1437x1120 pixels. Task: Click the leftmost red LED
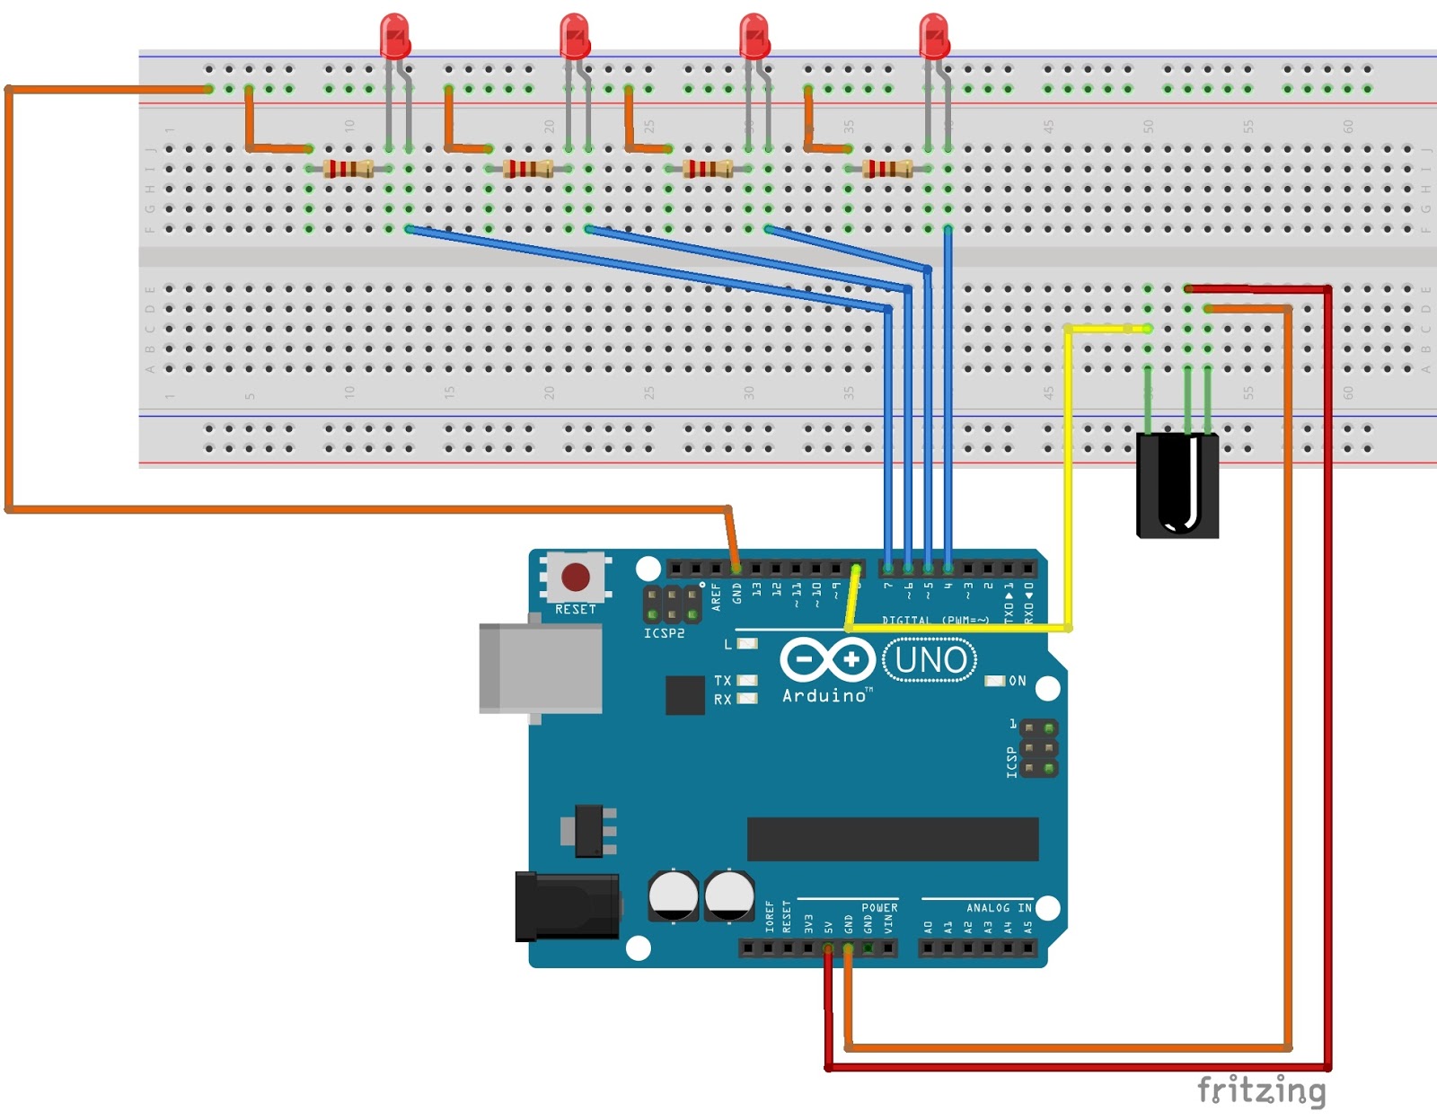pos(394,36)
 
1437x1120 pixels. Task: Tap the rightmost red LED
pos(933,36)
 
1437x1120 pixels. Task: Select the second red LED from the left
pos(574,36)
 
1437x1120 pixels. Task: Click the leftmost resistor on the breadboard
pos(348,168)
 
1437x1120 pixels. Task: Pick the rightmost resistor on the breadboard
pos(887,168)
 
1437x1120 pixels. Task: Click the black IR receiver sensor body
pos(1177,485)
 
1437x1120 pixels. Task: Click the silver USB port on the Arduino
pos(540,668)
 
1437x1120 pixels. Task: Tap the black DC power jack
pos(566,906)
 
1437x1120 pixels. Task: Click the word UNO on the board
pos(930,660)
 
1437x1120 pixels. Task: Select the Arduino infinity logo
pos(826,660)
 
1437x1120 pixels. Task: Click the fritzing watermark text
pos(1261,1090)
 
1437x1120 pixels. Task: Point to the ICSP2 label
pos(664,633)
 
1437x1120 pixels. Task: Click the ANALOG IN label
pos(999,908)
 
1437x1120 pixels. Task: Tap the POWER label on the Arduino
pos(879,908)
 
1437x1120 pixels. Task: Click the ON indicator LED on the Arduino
pos(995,681)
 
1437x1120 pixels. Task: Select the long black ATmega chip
pos(892,839)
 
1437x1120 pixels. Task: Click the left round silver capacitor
pos(673,895)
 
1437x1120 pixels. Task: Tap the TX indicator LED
pos(746,681)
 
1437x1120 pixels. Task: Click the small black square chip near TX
pos(684,695)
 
